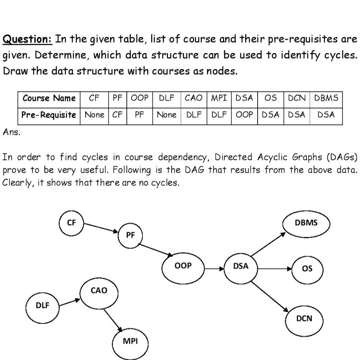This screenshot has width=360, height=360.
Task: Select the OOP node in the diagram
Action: click(184, 266)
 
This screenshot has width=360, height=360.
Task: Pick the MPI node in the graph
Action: click(130, 341)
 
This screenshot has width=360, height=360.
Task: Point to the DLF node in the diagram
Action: click(42, 305)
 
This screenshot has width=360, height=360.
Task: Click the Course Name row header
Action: click(49, 98)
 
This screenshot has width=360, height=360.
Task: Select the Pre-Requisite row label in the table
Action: click(49, 115)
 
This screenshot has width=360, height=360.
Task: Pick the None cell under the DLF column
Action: click(167, 115)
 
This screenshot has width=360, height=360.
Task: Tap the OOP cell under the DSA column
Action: click(244, 115)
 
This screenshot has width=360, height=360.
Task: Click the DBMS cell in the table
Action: click(326, 98)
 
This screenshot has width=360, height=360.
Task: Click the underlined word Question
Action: click(28, 40)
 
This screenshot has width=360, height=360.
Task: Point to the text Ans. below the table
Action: click(11, 132)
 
